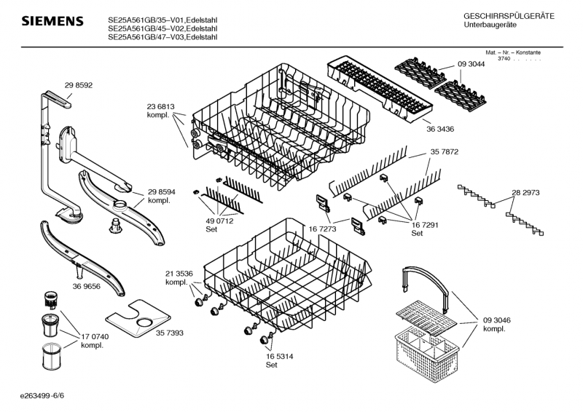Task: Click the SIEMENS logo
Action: point(52,21)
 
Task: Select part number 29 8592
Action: point(79,85)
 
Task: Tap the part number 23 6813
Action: point(160,106)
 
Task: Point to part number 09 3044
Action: point(471,64)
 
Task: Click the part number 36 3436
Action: point(440,129)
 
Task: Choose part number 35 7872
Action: point(445,151)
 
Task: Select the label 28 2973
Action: point(525,192)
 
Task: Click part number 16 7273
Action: point(322,229)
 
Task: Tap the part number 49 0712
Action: point(219,221)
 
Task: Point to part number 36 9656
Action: point(86,286)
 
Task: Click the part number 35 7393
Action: point(170,333)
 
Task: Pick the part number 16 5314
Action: point(279,356)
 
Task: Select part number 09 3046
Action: point(497,320)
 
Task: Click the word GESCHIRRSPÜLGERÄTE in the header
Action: point(509,16)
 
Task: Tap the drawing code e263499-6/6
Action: point(42,396)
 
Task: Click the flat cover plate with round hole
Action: point(138,318)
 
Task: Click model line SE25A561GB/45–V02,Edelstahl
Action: point(163,28)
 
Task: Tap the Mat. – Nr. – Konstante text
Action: point(513,52)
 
